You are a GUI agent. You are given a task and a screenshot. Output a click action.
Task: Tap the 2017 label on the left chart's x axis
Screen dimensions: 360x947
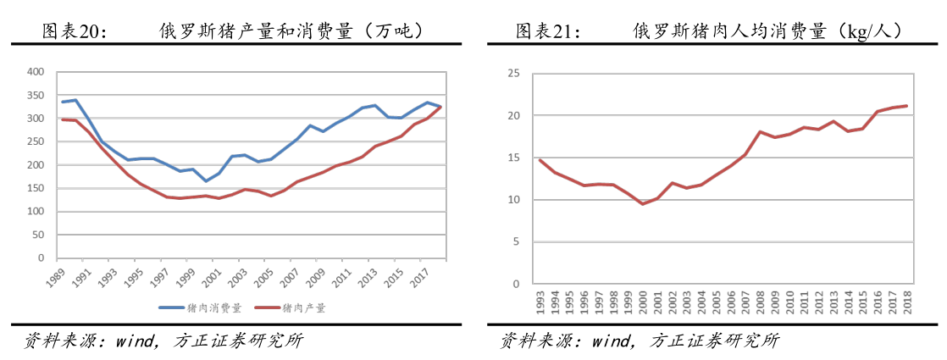tap(417, 275)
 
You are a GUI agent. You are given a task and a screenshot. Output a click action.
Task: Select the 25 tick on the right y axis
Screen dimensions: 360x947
tap(513, 74)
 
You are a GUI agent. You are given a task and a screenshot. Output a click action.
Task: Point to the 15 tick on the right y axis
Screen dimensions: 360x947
tap(513, 158)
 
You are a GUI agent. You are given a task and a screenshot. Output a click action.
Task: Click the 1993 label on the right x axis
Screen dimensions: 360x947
tap(540, 302)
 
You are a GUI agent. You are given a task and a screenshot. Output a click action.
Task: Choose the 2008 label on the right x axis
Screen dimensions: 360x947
tap(760, 302)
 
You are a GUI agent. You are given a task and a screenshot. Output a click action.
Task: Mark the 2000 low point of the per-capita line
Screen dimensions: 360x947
tap(643, 203)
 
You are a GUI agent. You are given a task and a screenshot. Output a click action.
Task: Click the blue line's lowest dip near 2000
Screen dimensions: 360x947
tap(206, 180)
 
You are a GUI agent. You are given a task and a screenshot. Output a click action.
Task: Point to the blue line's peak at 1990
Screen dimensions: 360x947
tap(75, 100)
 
